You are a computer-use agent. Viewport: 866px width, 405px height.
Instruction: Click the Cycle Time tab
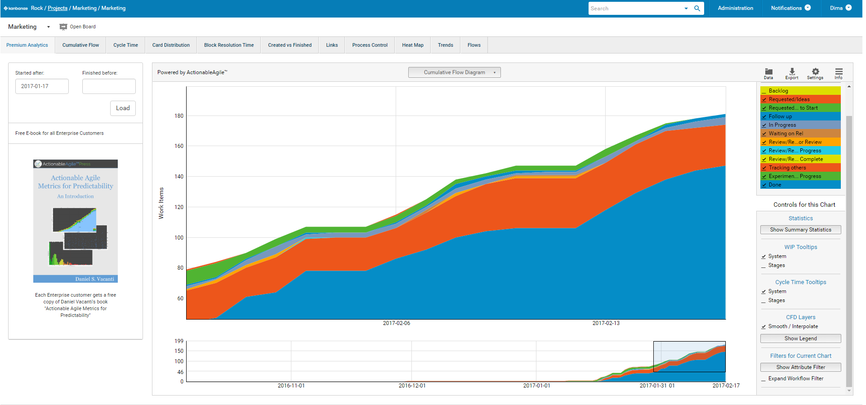[125, 45]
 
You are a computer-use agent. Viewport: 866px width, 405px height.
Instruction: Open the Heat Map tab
[412, 45]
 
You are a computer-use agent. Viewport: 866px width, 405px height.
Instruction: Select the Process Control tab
[370, 45]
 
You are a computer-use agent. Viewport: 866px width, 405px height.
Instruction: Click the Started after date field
[42, 86]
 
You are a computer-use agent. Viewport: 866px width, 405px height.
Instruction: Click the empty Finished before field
[109, 86]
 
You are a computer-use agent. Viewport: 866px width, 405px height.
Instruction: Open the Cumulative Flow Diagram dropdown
[454, 72]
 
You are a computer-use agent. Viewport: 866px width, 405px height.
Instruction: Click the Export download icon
[792, 72]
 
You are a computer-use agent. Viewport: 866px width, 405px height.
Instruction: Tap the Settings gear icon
[815, 72]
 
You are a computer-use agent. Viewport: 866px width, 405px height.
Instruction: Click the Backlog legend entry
[778, 91]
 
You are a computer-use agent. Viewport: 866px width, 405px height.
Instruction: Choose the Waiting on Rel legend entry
[786, 134]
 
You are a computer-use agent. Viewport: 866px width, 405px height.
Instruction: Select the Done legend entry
[775, 185]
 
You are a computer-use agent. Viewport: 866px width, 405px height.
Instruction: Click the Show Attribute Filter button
[800, 367]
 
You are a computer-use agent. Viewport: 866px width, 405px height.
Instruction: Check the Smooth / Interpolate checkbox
[763, 327]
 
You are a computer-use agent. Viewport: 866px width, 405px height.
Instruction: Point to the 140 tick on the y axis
[179, 177]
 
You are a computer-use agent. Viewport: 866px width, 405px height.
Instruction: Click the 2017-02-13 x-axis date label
[606, 323]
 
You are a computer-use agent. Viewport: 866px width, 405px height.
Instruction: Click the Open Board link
[82, 27]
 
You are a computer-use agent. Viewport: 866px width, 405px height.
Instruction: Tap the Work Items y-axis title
[161, 203]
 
